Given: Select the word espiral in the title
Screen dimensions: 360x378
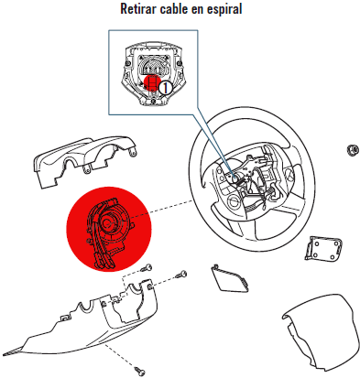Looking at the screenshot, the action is (x=224, y=9).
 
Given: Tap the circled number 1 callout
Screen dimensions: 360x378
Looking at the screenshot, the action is (x=165, y=88).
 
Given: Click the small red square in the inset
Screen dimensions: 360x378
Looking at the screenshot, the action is (x=152, y=82).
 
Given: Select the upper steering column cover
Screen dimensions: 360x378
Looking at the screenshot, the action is (x=83, y=161).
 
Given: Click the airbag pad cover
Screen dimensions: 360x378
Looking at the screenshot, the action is (x=321, y=331).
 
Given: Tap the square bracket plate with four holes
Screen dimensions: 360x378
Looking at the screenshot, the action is (x=322, y=248).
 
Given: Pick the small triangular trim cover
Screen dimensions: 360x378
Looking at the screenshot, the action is (x=229, y=278).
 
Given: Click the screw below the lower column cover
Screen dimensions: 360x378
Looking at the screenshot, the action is (x=140, y=371).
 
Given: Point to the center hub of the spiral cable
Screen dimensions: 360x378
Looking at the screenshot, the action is (x=107, y=223).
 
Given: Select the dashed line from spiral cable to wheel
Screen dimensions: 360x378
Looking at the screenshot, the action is (x=163, y=210).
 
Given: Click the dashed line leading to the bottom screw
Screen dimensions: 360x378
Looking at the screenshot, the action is (x=121, y=356).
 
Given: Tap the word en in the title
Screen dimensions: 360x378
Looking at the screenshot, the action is (x=197, y=9).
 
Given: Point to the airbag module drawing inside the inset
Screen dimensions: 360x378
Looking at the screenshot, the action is (x=152, y=74).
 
